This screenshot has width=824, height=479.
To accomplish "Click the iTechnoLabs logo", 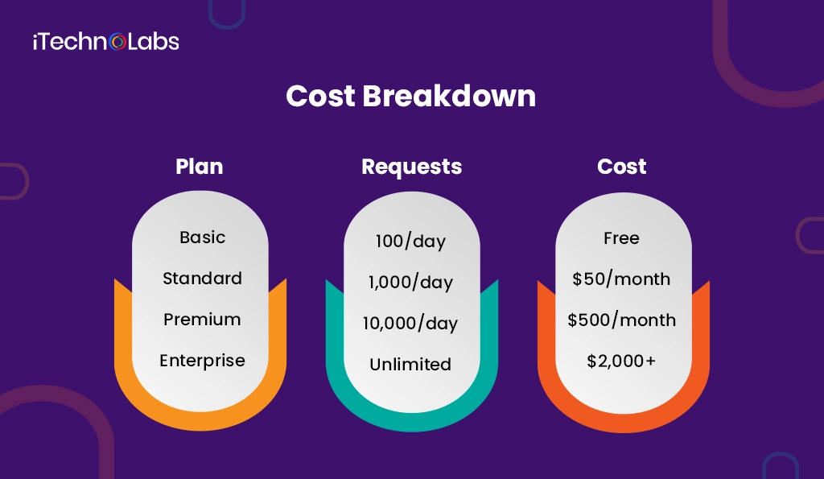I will pos(105,42).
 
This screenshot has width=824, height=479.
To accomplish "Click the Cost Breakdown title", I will pos(410,97).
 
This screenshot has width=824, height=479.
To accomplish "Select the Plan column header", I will pos(200,167).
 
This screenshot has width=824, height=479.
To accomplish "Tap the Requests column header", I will pos(411,167).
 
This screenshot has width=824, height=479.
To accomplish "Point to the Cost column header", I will pos(621,167).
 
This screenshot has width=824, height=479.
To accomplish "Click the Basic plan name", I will pos(202,237).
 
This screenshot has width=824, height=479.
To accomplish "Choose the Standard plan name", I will pos(202,279).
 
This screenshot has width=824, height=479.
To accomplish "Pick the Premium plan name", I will pos(202,320).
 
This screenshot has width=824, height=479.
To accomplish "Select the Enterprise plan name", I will pos(202,361).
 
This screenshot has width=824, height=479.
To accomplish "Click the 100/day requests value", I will pos(410,242).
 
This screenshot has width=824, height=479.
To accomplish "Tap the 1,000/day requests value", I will pos(410,283).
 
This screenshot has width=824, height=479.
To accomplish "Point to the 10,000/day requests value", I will pos(410,324).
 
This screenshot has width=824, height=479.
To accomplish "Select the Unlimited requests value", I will pos(410,365).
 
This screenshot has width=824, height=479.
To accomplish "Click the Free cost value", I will pos(621,238).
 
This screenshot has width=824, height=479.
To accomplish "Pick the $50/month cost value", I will pos(621,279).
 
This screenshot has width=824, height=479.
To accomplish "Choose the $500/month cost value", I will pos(621,320).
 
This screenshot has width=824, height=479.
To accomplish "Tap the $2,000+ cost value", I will pos(621,361).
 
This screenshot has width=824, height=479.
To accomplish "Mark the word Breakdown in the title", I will pos(449,97).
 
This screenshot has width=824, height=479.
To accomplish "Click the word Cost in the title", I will pos(320,97).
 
